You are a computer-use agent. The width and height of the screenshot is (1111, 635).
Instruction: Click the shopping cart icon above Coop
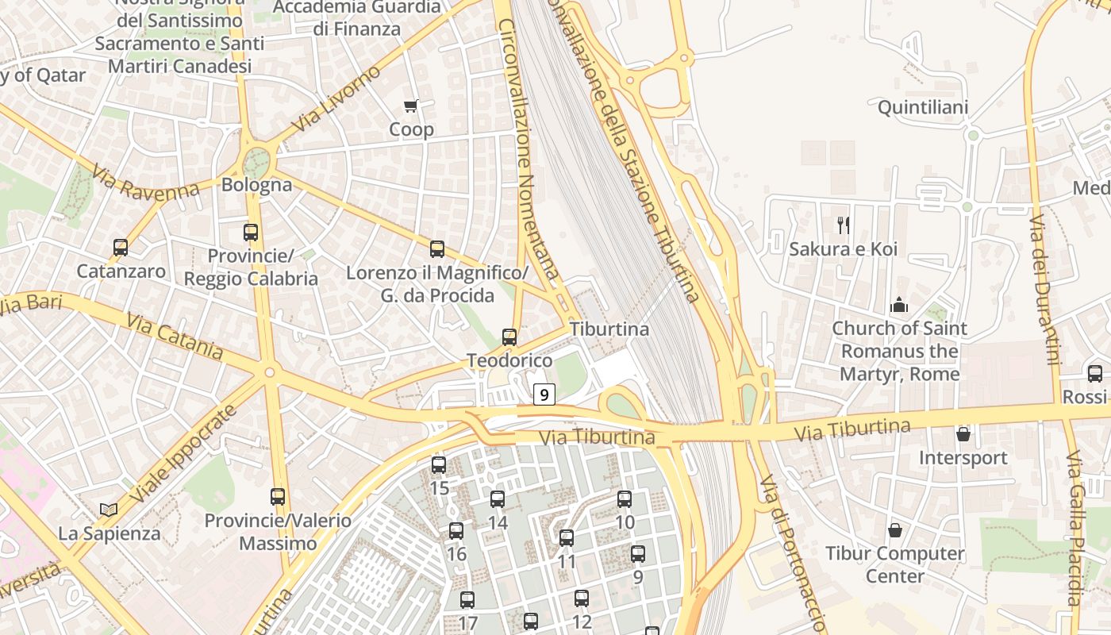coord(411,106)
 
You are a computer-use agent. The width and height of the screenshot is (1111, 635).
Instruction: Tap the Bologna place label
coord(257,185)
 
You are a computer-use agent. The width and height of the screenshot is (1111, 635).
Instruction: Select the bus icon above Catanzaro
coord(121,248)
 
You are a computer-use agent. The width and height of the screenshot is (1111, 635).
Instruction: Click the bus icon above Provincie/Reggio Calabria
coord(251,233)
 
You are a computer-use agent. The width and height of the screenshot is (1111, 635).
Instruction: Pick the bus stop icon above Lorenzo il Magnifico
coord(437,249)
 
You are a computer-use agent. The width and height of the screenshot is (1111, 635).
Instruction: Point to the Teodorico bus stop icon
coord(509,337)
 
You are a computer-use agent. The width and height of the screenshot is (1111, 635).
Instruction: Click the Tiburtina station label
coord(609,329)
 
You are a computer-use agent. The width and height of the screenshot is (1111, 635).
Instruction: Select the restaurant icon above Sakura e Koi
coord(844,225)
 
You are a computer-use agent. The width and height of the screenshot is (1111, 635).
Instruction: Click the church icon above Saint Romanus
coord(899,304)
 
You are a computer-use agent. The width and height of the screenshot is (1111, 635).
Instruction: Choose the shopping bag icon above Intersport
coord(963,434)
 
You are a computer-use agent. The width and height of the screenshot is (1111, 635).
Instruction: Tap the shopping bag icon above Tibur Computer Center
coord(895,529)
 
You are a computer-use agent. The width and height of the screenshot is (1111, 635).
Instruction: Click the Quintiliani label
coord(923,107)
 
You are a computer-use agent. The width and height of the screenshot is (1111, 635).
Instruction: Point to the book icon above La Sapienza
coord(109,510)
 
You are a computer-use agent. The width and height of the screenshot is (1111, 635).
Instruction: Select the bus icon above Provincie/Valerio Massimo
coord(278,497)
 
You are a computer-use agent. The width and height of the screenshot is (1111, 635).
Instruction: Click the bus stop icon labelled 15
coord(439,465)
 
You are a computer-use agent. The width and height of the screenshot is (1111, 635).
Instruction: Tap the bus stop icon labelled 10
coord(625,499)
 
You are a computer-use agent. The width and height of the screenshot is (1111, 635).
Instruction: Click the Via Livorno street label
coord(337,99)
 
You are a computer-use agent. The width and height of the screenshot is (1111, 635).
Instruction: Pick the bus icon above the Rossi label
coord(1095,374)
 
